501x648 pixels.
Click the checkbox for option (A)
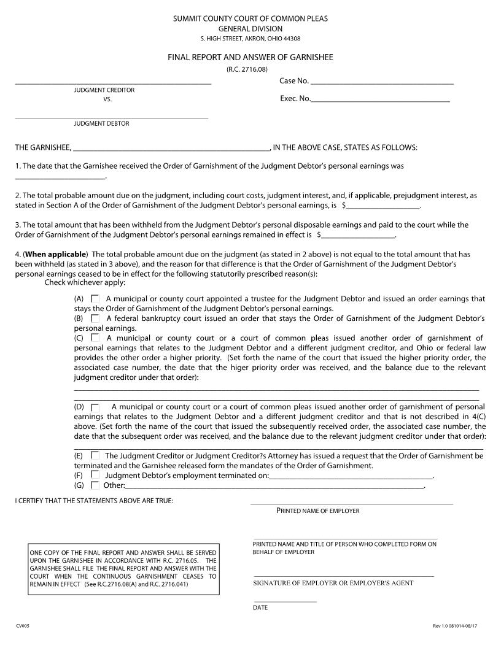95,299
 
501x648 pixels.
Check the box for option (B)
95,318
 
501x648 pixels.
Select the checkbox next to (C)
95,337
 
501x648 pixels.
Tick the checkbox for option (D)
95,407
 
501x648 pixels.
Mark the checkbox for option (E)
95,456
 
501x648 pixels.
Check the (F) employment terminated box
95,475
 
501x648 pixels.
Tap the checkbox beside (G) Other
95,485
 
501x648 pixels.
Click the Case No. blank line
382,82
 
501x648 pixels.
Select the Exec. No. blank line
380,99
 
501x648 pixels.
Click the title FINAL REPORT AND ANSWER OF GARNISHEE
251,57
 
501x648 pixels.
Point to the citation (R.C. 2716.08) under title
251,69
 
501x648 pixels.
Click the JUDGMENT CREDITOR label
104,90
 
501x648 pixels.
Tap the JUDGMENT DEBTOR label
102,123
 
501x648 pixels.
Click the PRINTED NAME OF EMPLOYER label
318,511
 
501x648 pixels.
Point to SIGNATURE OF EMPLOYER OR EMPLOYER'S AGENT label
333,583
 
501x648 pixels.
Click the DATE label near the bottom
260,608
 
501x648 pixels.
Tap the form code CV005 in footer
22,625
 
